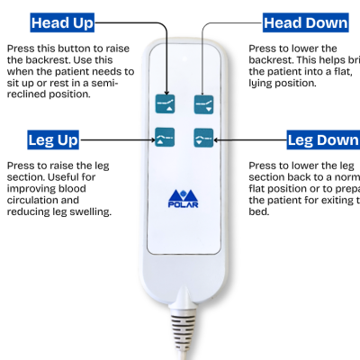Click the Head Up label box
tap(63, 22)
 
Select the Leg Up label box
tap(53, 140)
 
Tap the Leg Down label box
tap(322, 140)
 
